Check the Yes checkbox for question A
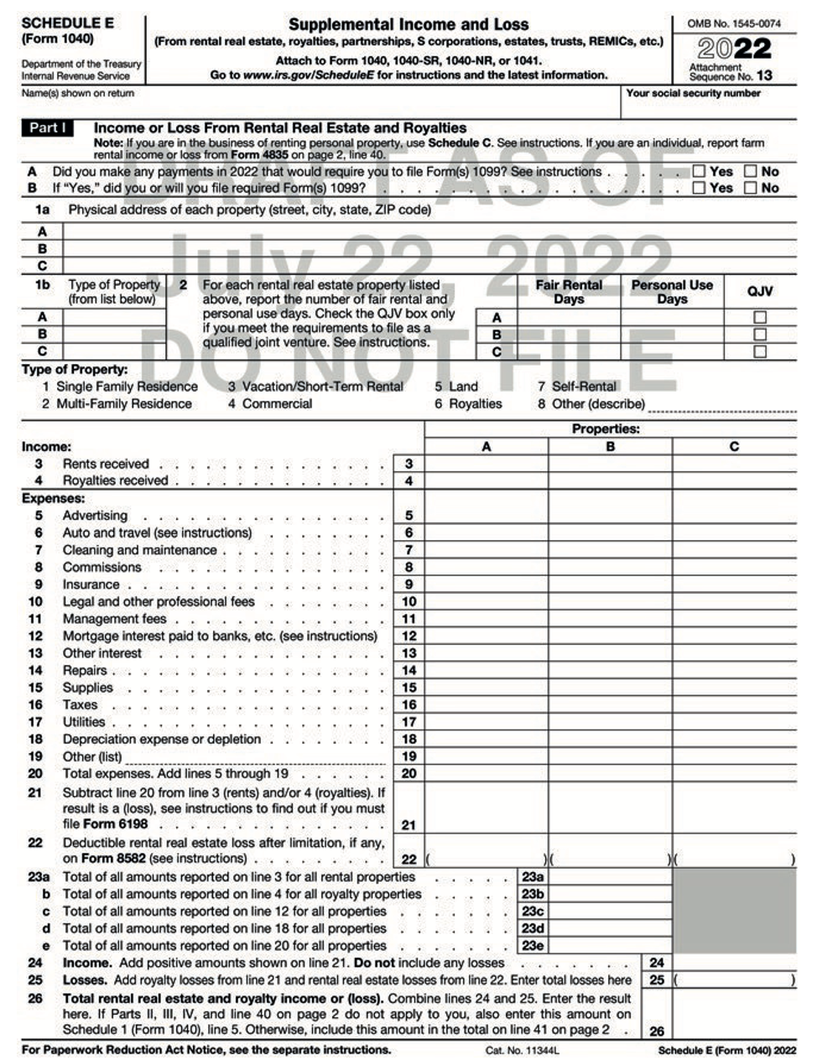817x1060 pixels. point(699,171)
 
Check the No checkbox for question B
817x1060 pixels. point(751,188)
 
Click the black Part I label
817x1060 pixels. point(47,128)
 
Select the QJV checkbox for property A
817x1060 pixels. point(760,317)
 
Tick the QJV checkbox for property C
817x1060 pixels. point(760,351)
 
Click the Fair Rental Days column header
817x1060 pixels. point(569,291)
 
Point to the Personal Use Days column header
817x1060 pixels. point(672,291)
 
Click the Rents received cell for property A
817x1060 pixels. point(487,464)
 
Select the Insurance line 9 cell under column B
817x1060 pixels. point(610,585)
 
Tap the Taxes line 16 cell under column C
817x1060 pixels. point(734,704)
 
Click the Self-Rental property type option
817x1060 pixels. point(584,387)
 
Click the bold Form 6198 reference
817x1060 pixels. point(115,824)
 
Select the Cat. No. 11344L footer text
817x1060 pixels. point(522,1050)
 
